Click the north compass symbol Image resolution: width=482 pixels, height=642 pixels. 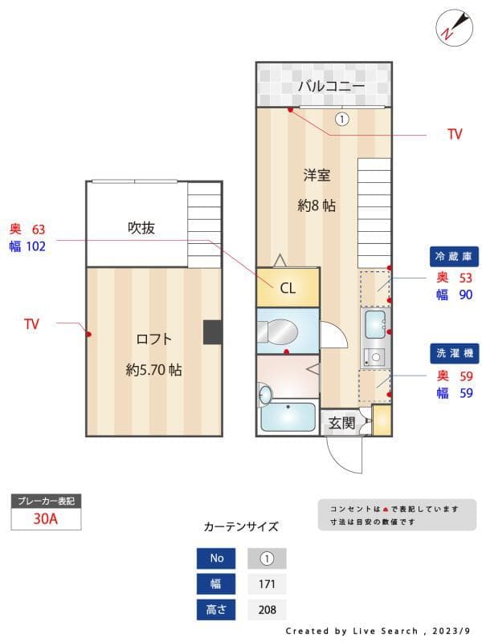click(451, 27)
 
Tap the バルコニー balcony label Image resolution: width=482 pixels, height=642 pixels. click(331, 86)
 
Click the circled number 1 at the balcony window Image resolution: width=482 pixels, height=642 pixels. click(341, 120)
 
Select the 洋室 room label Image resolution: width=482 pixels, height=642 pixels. click(317, 175)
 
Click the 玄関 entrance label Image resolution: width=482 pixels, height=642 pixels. click(341, 423)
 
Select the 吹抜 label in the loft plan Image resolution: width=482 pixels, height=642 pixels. click(141, 228)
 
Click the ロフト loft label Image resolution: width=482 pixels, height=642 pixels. click(153, 339)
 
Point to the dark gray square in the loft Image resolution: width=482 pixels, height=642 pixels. click(212, 332)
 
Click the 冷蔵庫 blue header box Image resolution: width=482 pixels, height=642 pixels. click(455, 257)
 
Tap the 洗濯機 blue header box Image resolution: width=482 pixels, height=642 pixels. click(455, 353)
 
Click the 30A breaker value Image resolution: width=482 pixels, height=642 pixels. click(46, 519)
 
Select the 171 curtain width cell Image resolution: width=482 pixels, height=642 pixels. click(267, 584)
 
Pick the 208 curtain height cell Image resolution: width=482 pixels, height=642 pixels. click(267, 610)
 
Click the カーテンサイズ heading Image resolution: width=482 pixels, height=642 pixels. click(241, 527)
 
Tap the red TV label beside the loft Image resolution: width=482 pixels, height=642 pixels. click(31, 324)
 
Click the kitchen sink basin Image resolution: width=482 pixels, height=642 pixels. click(374, 325)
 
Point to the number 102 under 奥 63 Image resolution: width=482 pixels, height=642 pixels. click(36, 246)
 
